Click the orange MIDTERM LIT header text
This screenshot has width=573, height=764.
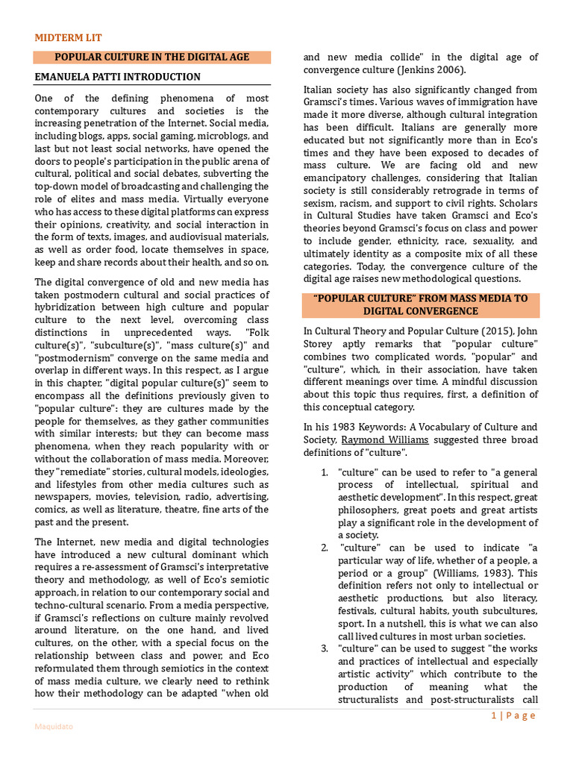tap(69, 37)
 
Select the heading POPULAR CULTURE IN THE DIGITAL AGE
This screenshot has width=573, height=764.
tap(152, 57)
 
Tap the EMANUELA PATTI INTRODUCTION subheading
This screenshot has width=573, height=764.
tap(118, 77)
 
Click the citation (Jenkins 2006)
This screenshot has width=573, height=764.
tap(432, 70)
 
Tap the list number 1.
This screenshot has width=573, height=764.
tap(325, 473)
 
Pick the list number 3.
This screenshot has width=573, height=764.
tap(325, 649)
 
